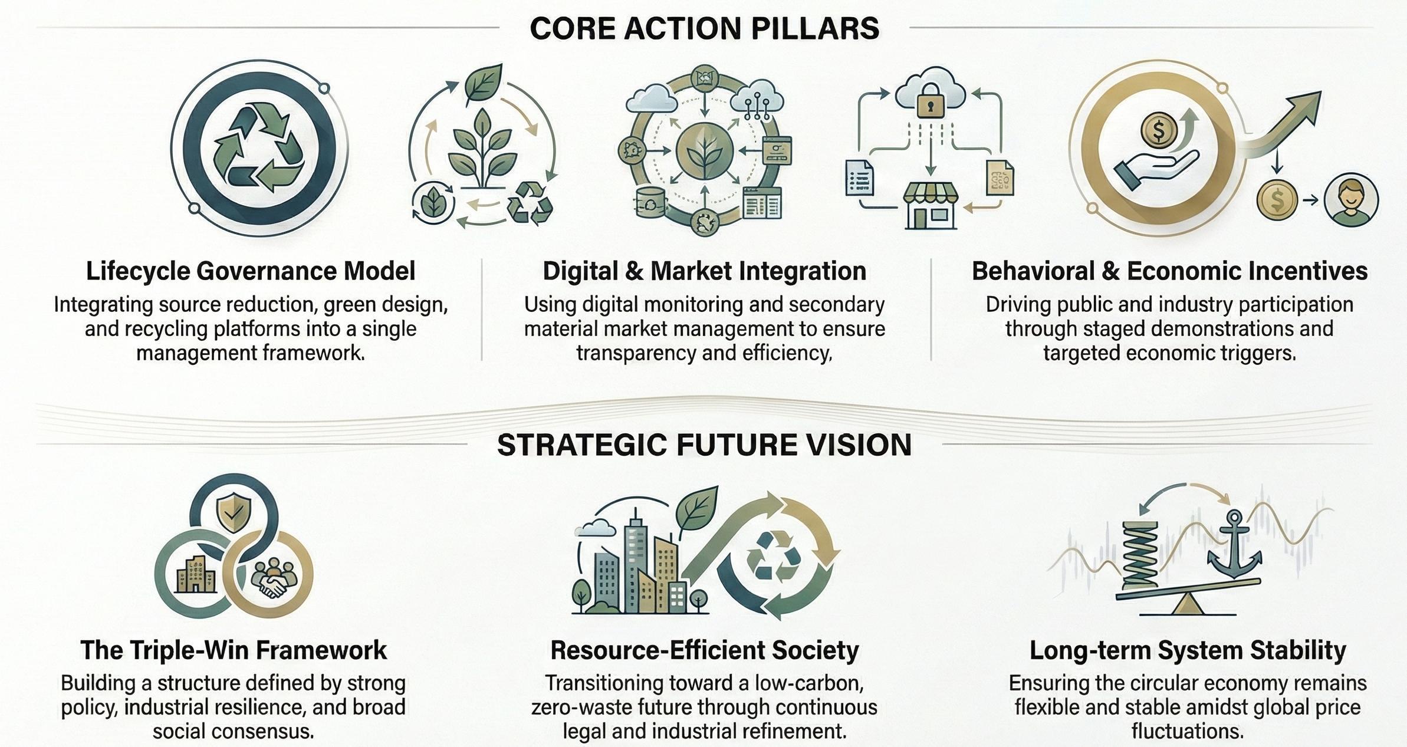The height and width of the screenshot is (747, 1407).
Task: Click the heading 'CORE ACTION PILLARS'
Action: [704, 28]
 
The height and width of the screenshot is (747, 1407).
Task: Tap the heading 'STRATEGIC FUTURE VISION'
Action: [704, 445]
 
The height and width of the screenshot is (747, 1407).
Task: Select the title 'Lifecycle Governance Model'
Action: [251, 271]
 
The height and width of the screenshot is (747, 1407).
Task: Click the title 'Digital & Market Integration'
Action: [704, 271]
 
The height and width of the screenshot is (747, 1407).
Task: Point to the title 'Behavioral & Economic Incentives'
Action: [1169, 271]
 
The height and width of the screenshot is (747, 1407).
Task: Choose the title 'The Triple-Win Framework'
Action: [234, 650]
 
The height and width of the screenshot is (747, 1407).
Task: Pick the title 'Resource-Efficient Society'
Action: [704, 650]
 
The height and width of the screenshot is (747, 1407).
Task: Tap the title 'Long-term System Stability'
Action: [1188, 650]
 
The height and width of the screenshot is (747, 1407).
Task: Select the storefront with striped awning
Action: [931, 204]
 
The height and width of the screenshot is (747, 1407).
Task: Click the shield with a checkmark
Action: [234, 511]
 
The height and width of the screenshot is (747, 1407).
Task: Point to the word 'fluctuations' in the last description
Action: [1187, 731]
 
